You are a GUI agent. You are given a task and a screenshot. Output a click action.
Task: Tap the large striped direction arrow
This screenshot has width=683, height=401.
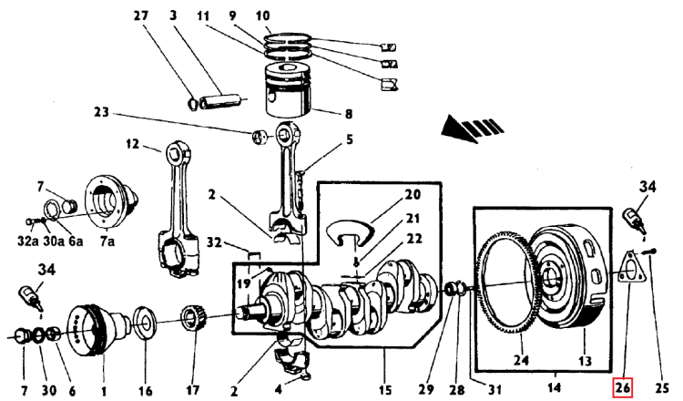click(x=472, y=129)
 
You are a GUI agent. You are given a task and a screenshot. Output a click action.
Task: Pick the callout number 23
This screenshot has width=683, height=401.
click(x=101, y=112)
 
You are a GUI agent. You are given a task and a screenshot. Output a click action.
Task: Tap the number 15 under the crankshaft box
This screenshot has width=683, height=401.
click(x=385, y=390)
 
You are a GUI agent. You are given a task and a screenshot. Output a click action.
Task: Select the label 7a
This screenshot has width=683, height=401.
click(x=107, y=241)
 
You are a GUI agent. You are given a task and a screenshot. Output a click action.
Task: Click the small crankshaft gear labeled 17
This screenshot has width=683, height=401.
click(x=193, y=319)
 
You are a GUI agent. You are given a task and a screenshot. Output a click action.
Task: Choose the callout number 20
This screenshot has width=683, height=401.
click(x=413, y=194)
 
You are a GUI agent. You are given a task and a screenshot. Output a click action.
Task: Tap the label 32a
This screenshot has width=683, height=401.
click(x=27, y=241)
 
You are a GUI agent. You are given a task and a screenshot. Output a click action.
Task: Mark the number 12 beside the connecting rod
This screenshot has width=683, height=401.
click(x=132, y=143)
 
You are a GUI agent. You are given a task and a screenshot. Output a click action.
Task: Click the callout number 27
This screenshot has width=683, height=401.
click(x=141, y=16)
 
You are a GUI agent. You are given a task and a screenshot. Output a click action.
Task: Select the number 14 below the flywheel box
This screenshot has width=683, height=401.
click(x=555, y=387)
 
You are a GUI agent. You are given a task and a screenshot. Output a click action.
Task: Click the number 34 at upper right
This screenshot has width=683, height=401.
click(x=647, y=187)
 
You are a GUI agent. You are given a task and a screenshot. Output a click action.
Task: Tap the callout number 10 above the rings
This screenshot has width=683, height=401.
click(x=262, y=16)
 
